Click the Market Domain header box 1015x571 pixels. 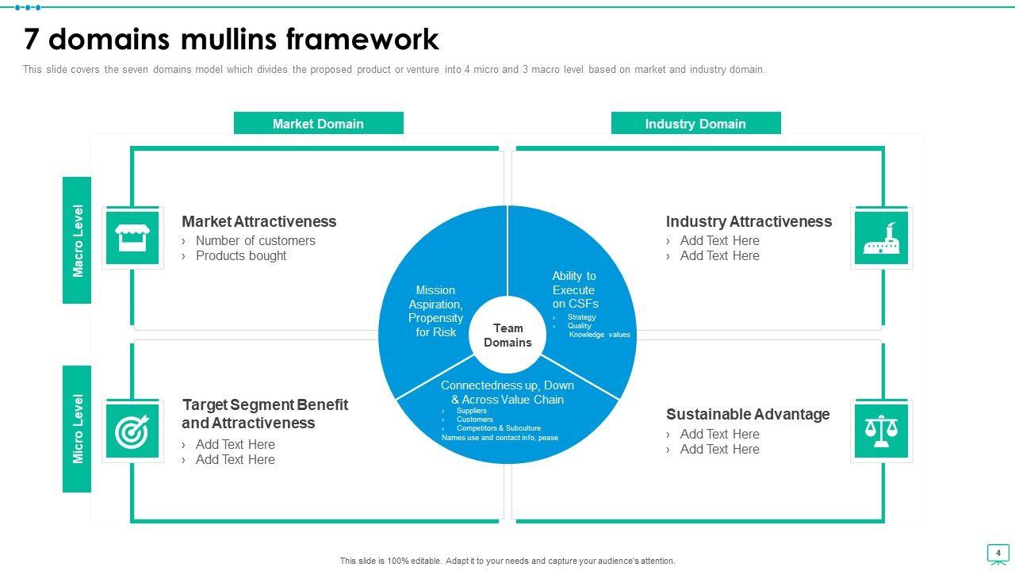coord(318,124)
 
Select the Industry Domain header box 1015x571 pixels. coord(695,124)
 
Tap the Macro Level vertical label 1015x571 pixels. coord(78,240)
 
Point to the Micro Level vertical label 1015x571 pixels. coord(78,429)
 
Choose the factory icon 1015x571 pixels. coord(881,238)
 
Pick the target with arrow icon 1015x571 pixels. coord(132,431)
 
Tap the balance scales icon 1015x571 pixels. coord(881,431)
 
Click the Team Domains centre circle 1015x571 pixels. coord(507,335)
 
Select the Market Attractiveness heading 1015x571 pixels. coord(259,221)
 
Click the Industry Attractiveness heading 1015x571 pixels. coord(749,221)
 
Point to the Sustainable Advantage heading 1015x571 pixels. coord(748,414)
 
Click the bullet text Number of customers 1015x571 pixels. coord(255,240)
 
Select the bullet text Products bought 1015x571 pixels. coord(241,255)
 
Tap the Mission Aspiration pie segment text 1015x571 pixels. coord(435,311)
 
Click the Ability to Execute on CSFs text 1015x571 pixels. coord(575,289)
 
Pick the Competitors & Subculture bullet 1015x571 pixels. coord(498,428)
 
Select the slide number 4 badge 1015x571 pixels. coord(998,554)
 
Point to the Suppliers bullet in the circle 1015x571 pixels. coord(471,411)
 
